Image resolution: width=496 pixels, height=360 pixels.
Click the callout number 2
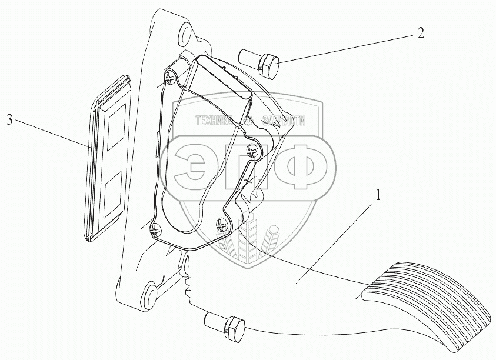click(x=420, y=32)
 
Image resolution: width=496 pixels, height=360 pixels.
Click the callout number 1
click(x=378, y=194)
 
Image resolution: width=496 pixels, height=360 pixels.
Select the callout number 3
click(x=9, y=121)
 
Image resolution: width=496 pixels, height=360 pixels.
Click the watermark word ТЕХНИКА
click(x=215, y=121)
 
